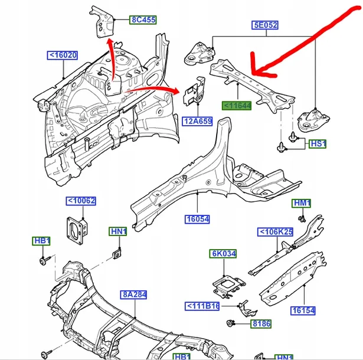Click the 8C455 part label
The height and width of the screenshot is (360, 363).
click(143, 19)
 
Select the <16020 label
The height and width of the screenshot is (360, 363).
click(63, 56)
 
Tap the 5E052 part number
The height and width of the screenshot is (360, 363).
click(266, 25)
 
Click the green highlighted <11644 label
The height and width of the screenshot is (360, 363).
click(237, 106)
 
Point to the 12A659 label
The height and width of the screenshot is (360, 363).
click(197, 122)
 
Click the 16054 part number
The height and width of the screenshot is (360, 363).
click(197, 219)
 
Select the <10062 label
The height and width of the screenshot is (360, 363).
click(80, 202)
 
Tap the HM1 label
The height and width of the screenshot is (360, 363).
click(302, 204)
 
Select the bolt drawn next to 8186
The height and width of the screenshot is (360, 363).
click(232, 323)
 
